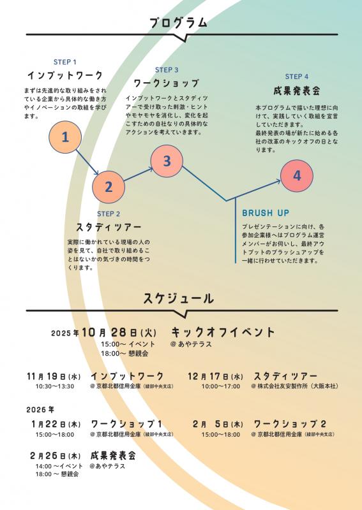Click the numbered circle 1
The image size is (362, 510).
click(x=65, y=137)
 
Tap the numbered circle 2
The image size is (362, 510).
click(x=109, y=187)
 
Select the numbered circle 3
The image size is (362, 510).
click(x=167, y=161)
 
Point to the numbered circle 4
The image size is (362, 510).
click(x=297, y=176)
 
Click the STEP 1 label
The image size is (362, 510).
click(x=65, y=62)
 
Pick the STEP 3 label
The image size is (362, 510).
click(x=167, y=70)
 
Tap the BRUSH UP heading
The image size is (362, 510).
click(x=266, y=213)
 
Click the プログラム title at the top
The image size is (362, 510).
click(x=179, y=23)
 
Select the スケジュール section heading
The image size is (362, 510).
click(x=179, y=298)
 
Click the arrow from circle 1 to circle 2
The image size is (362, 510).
click(x=87, y=163)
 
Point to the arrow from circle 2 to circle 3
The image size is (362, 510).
click(x=139, y=174)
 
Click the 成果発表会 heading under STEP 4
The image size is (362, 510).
click(x=297, y=91)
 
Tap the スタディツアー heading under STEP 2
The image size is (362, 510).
click(x=109, y=227)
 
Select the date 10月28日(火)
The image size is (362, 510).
click(x=119, y=332)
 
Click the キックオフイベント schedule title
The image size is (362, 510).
click(x=223, y=332)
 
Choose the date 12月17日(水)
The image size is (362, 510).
click(x=215, y=377)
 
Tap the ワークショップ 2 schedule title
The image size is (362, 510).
click(x=290, y=424)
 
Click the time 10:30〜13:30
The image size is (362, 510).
click(x=55, y=386)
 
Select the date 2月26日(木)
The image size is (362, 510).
click(x=56, y=456)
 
